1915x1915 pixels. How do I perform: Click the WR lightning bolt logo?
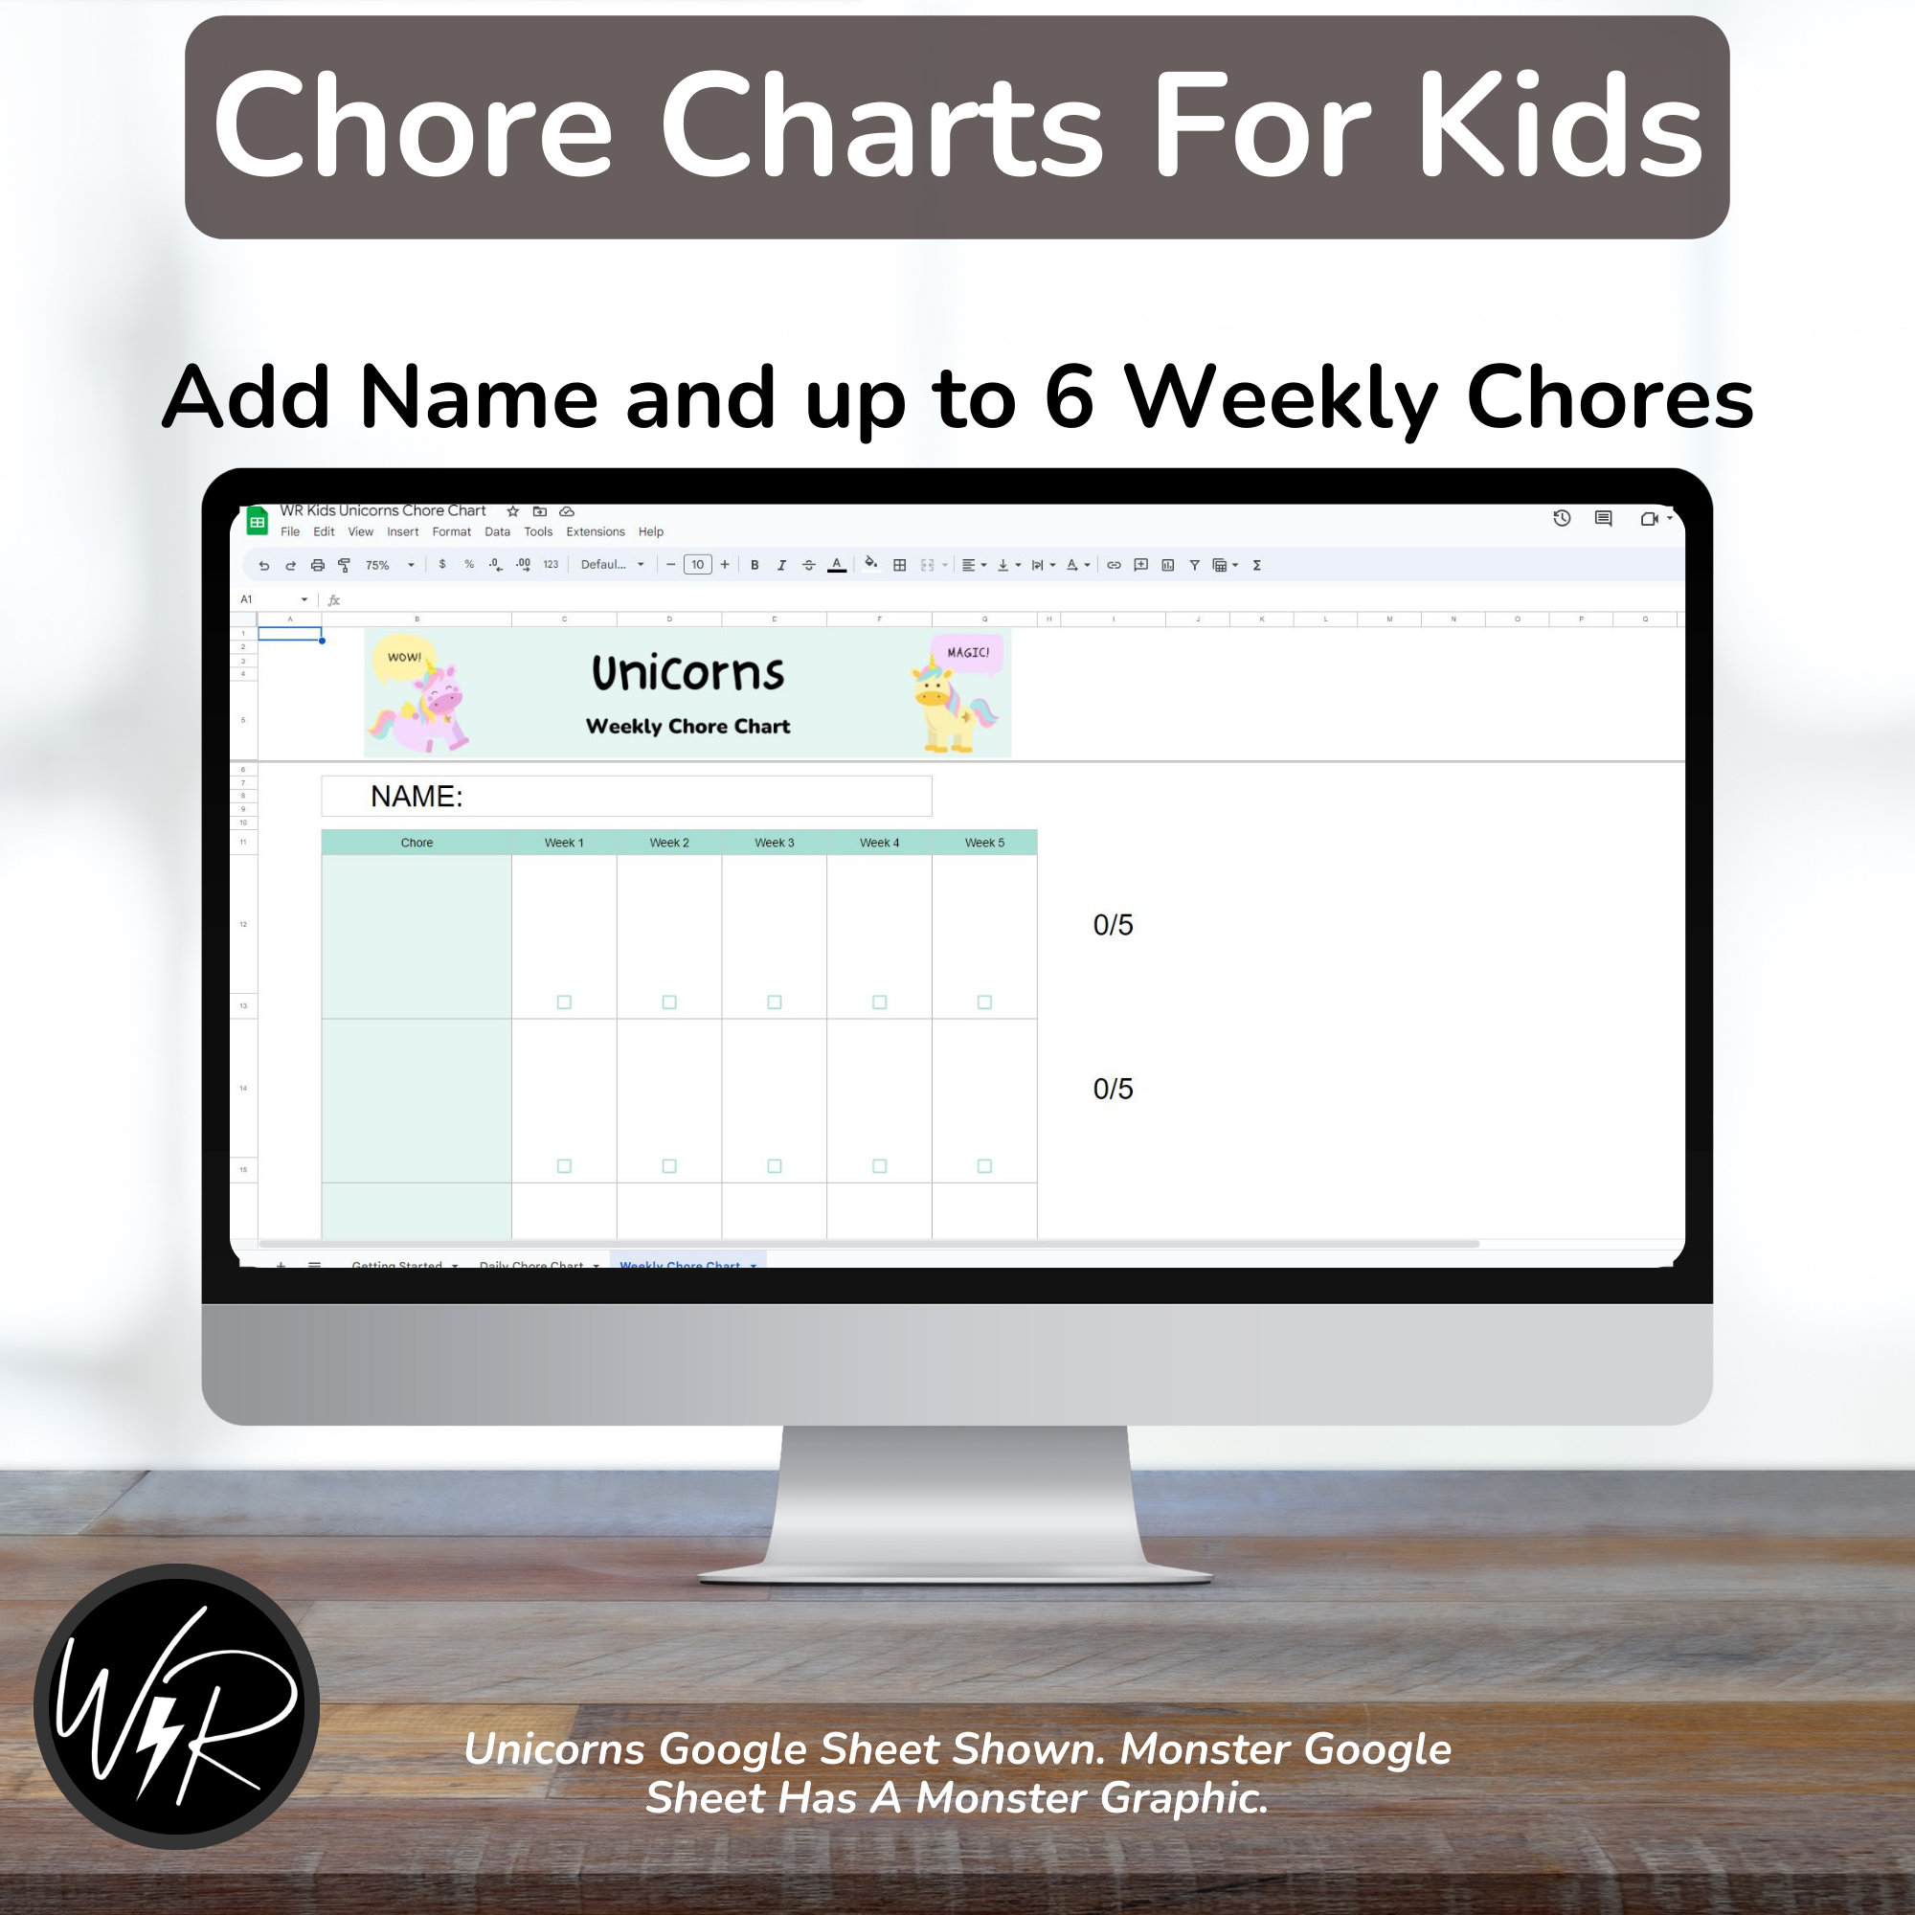(176, 1706)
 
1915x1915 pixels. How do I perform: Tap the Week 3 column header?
(774, 843)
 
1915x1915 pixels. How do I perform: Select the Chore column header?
(417, 843)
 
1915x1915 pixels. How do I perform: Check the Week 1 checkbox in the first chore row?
(564, 1003)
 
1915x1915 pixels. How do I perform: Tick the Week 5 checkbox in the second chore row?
(984, 1165)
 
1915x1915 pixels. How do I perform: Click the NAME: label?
(417, 796)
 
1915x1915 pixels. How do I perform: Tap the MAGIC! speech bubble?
(967, 652)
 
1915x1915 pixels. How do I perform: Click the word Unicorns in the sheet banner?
(687, 673)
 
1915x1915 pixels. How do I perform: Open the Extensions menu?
(595, 532)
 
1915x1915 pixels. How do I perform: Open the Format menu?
(451, 532)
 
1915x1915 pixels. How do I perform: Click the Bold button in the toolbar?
(755, 565)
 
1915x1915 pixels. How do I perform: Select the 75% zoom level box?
(388, 565)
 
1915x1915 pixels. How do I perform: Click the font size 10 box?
(697, 565)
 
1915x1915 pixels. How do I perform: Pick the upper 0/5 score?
(1112, 925)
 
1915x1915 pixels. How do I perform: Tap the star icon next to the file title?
(512, 511)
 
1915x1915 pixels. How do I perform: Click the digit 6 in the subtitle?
(1070, 396)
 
